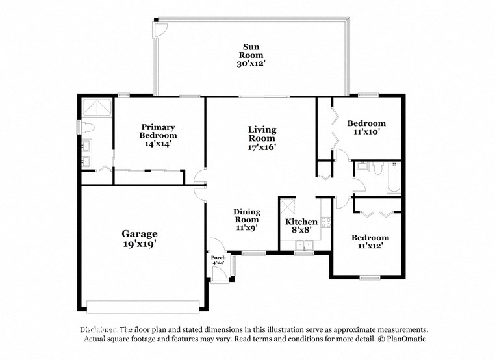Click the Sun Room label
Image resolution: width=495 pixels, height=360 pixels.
[251, 51]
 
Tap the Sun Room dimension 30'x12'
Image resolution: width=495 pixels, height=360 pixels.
[251, 64]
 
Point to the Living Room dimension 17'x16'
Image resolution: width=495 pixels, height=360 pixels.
[262, 147]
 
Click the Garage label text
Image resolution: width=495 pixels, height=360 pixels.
[140, 234]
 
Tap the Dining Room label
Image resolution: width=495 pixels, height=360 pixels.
[247, 216]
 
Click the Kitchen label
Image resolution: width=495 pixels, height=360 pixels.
[301, 222]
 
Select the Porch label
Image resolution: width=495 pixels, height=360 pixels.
[219, 258]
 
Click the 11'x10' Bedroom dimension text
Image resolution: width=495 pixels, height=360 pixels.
[366, 132]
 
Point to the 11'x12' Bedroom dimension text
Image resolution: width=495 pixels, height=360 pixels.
[370, 246]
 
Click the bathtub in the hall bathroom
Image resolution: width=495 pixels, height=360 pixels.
[394, 177]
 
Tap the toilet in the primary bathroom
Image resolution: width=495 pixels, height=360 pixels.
[88, 127]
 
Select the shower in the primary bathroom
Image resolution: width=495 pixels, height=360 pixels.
[96, 107]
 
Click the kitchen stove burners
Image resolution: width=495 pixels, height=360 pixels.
[326, 222]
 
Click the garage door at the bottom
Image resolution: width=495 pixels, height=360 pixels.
[143, 306]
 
